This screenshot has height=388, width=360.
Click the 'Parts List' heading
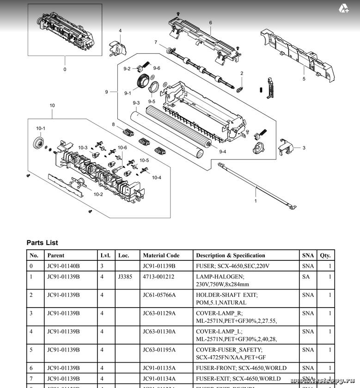[x=42, y=242]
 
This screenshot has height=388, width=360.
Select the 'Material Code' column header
[x=161, y=255]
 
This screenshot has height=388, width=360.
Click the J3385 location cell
[x=126, y=277]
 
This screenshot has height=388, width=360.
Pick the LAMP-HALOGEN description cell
[x=222, y=280]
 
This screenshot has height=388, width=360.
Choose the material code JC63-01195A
[x=159, y=350]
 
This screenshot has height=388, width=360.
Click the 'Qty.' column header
[x=325, y=255]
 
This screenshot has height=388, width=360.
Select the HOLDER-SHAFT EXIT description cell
[x=226, y=298]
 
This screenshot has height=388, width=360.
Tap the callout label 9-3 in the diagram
[x=136, y=103]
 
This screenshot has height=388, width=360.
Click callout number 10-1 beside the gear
[x=41, y=128]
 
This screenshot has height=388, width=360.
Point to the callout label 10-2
[x=98, y=194]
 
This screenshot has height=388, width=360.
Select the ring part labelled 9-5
[x=154, y=86]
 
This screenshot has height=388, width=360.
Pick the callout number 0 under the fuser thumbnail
[x=65, y=69]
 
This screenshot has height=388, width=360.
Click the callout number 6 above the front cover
[x=210, y=23]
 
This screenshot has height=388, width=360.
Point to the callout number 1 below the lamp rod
[x=256, y=201]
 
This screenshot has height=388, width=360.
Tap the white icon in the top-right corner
[x=344, y=8]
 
